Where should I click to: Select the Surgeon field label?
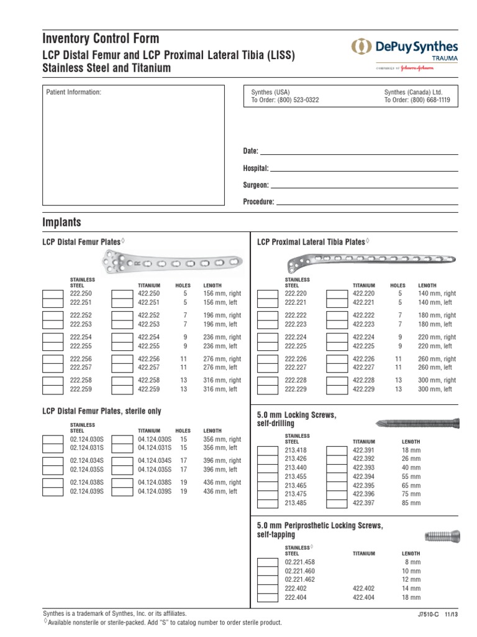coord(255,185)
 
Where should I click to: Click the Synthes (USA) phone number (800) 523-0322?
coord(285,100)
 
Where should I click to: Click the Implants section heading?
coord(61,222)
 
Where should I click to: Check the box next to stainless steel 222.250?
coord(52,294)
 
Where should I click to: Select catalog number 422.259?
coord(149,389)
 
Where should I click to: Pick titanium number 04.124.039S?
coord(155,491)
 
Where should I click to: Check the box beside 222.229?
coord(268,389)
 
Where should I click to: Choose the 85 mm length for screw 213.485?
coord(411,503)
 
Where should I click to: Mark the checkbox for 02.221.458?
coord(268,562)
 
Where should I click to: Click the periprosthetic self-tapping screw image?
coord(442,536)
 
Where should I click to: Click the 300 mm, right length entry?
coord(437,380)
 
